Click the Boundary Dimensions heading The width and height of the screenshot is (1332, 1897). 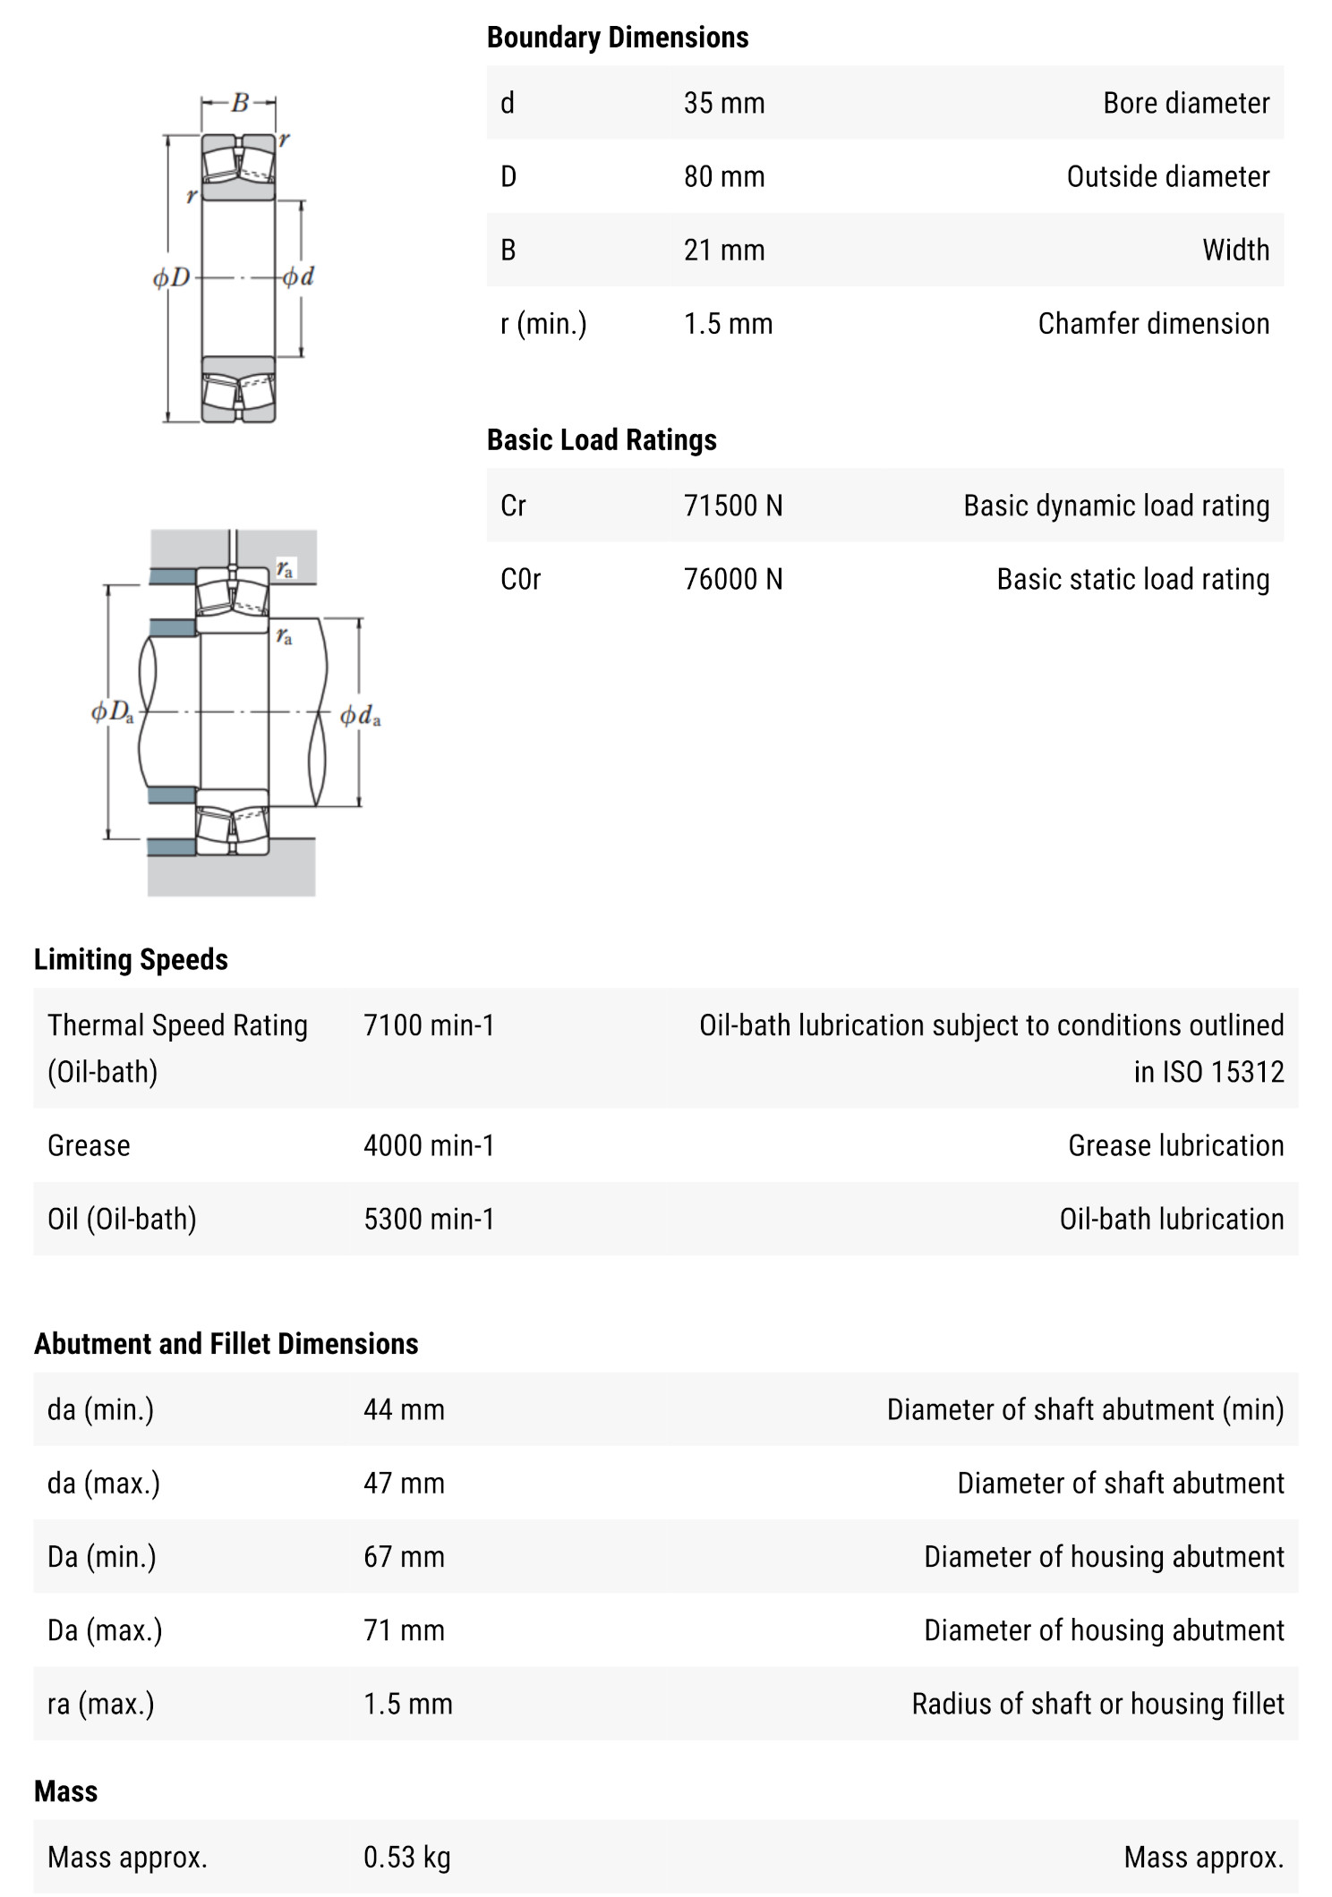[617, 38]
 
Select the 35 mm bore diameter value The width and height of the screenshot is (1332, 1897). [723, 103]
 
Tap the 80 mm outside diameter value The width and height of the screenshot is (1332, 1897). [723, 176]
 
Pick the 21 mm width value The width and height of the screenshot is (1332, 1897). [723, 250]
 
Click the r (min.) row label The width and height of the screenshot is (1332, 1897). [542, 323]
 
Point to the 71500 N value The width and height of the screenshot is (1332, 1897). [732, 506]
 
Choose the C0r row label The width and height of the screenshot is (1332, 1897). [520, 579]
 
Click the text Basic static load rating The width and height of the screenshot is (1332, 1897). [1132, 579]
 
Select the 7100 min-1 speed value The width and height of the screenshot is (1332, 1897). [428, 1025]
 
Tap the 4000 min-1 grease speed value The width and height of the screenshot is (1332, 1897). [428, 1145]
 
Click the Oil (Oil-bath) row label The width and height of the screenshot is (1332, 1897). [122, 1219]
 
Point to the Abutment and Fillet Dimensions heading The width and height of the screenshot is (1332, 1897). [226, 1343]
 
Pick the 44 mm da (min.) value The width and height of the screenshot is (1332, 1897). [403, 1409]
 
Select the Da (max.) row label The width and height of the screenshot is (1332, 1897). [105, 1630]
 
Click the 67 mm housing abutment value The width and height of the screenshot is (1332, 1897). [403, 1557]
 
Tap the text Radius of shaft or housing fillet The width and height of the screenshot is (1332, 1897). [1097, 1704]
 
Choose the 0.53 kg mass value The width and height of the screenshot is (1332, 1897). [406, 1858]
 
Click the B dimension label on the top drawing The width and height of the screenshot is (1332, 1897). [239, 103]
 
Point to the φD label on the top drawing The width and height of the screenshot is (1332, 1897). [171, 277]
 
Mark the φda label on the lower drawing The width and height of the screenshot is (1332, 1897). [360, 716]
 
